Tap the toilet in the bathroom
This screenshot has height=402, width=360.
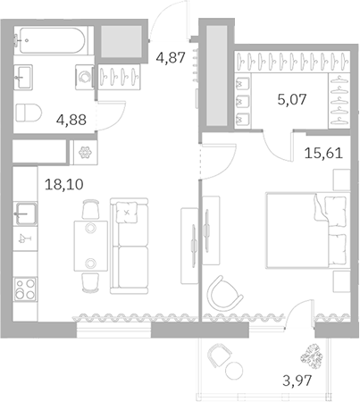(x=29, y=113)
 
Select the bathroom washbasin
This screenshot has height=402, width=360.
(x=22, y=77)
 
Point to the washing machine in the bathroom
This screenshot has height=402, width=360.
(x=85, y=77)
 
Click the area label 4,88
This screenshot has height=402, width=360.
(x=71, y=120)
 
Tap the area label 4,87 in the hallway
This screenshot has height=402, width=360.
(x=171, y=57)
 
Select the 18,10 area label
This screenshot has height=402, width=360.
(x=64, y=184)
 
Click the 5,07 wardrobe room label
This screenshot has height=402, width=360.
(x=292, y=99)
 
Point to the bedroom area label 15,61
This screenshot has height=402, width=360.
(x=323, y=153)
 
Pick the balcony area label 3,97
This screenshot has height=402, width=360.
(x=297, y=381)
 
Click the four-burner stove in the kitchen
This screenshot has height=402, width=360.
(x=26, y=289)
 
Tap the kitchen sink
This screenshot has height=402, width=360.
(x=26, y=214)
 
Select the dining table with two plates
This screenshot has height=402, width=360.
(x=91, y=246)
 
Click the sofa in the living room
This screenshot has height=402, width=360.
(x=129, y=246)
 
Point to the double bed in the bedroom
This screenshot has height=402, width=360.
(x=308, y=230)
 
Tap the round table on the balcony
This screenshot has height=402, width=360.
(x=234, y=371)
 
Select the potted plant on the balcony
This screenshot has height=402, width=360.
(x=312, y=356)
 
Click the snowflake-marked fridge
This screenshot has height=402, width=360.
(x=85, y=153)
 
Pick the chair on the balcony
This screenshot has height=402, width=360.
(x=219, y=356)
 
